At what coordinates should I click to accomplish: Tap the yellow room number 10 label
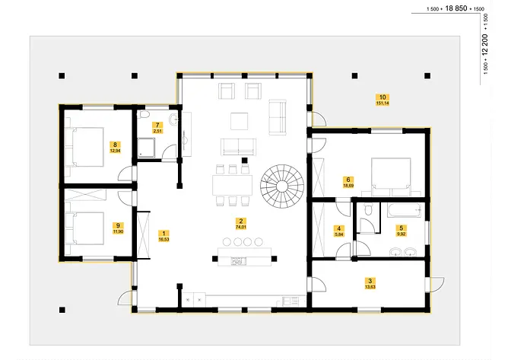[383, 97]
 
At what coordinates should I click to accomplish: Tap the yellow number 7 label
[157, 124]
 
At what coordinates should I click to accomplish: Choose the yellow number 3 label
[370, 281]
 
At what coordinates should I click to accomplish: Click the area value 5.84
[340, 235]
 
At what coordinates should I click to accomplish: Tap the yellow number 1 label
[164, 233]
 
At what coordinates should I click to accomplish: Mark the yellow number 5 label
[402, 228]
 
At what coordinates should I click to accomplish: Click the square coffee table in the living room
[240, 120]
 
